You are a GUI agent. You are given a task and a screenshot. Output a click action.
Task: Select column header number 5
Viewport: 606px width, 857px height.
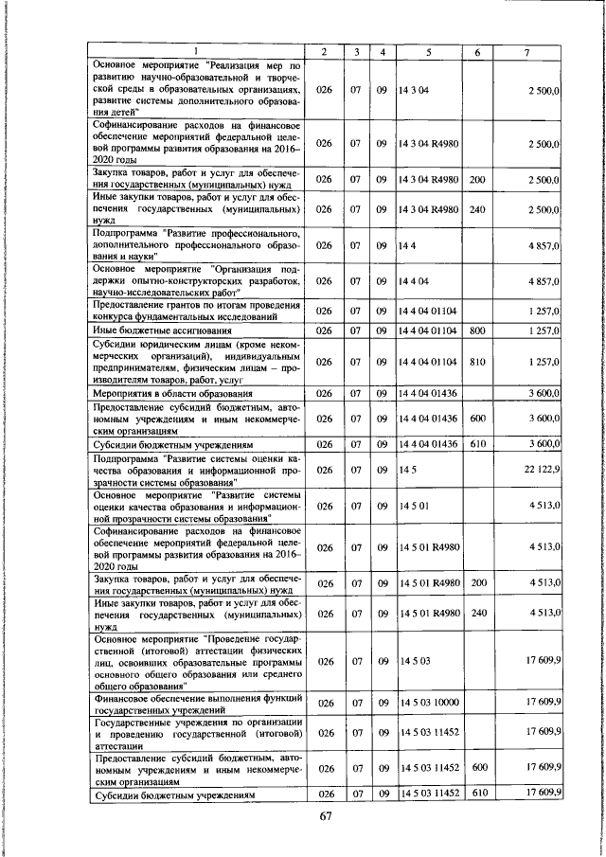click(428, 50)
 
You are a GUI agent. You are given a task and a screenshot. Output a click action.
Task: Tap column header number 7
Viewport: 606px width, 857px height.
click(526, 50)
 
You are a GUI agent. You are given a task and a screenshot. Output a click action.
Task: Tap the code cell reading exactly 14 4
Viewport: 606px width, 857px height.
click(407, 244)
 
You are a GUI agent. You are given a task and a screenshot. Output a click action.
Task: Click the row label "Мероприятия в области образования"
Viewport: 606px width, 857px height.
click(172, 392)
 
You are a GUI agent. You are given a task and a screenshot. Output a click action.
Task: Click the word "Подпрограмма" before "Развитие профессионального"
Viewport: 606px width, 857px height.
click(125, 232)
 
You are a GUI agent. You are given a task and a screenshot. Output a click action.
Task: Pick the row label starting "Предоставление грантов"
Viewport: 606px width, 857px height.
click(196, 310)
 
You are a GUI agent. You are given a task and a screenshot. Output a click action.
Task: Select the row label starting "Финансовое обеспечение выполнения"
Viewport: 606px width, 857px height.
click(196, 703)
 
